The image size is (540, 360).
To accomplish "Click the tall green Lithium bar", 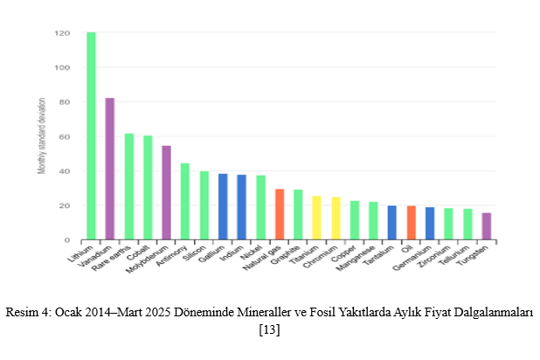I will tap(91, 135).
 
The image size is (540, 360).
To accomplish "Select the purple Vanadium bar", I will tap(110, 169).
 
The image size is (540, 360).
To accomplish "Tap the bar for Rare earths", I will tap(129, 186).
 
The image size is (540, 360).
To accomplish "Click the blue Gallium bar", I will tap(223, 206).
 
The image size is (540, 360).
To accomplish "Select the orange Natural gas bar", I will tap(280, 214).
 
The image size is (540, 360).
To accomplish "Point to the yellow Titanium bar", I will tap(317, 218).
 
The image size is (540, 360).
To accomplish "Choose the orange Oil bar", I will tap(411, 222).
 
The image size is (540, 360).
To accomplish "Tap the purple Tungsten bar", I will tap(486, 225).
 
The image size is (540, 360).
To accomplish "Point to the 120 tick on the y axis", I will tap(62, 33).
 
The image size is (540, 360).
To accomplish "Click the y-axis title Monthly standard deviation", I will tap(41, 136).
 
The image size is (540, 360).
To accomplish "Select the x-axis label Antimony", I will tap(177, 256).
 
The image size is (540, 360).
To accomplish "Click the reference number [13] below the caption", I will tap(269, 329).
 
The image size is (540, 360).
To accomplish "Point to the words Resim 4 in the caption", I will tap(27, 313).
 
